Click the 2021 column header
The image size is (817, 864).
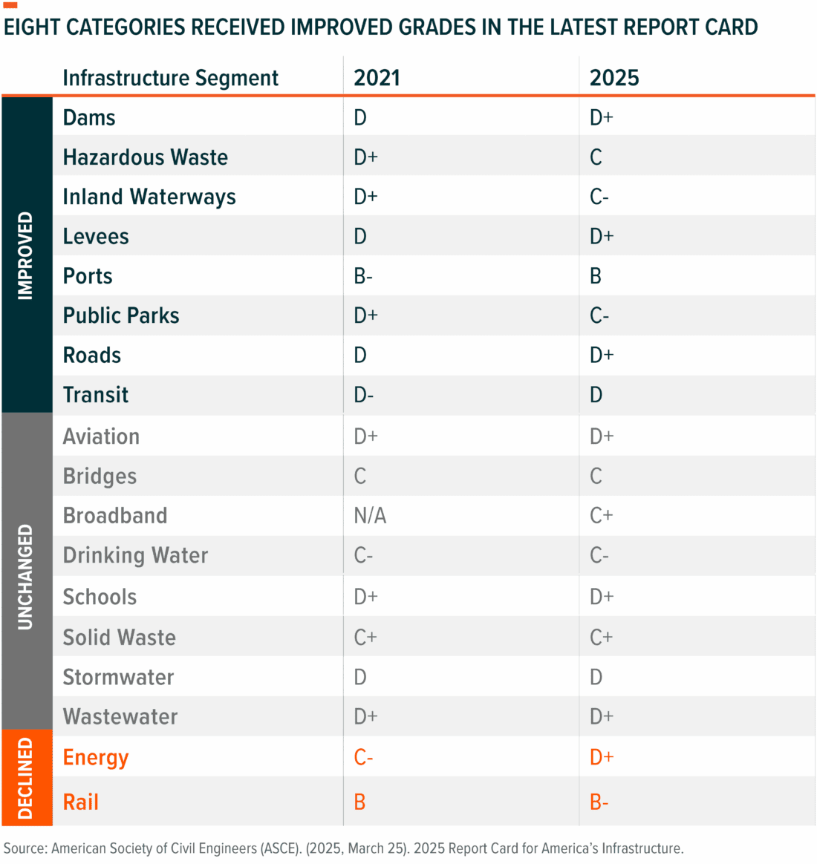tap(377, 78)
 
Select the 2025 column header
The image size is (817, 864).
tap(613, 78)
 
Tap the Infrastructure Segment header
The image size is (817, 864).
tap(170, 78)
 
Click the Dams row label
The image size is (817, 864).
tap(89, 118)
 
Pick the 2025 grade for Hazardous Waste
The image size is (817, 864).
tap(596, 157)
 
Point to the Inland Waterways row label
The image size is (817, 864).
tap(149, 197)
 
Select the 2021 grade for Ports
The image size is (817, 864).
tap(363, 276)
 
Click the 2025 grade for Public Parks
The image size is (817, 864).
tap(599, 315)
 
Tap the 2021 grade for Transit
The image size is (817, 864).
tap(363, 395)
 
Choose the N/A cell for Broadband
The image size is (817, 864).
tap(370, 516)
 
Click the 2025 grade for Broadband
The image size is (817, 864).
tap(601, 516)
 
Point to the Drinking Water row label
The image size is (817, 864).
tap(135, 555)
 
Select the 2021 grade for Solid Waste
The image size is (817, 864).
tap(365, 637)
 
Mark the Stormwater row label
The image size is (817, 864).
tap(118, 677)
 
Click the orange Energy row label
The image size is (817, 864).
tap(96, 757)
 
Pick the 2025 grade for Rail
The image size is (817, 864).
tap(599, 802)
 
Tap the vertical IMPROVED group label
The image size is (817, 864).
tap(26, 255)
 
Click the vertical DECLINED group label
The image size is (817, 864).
tap(26, 778)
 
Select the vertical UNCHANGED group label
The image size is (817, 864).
tap(26, 577)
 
